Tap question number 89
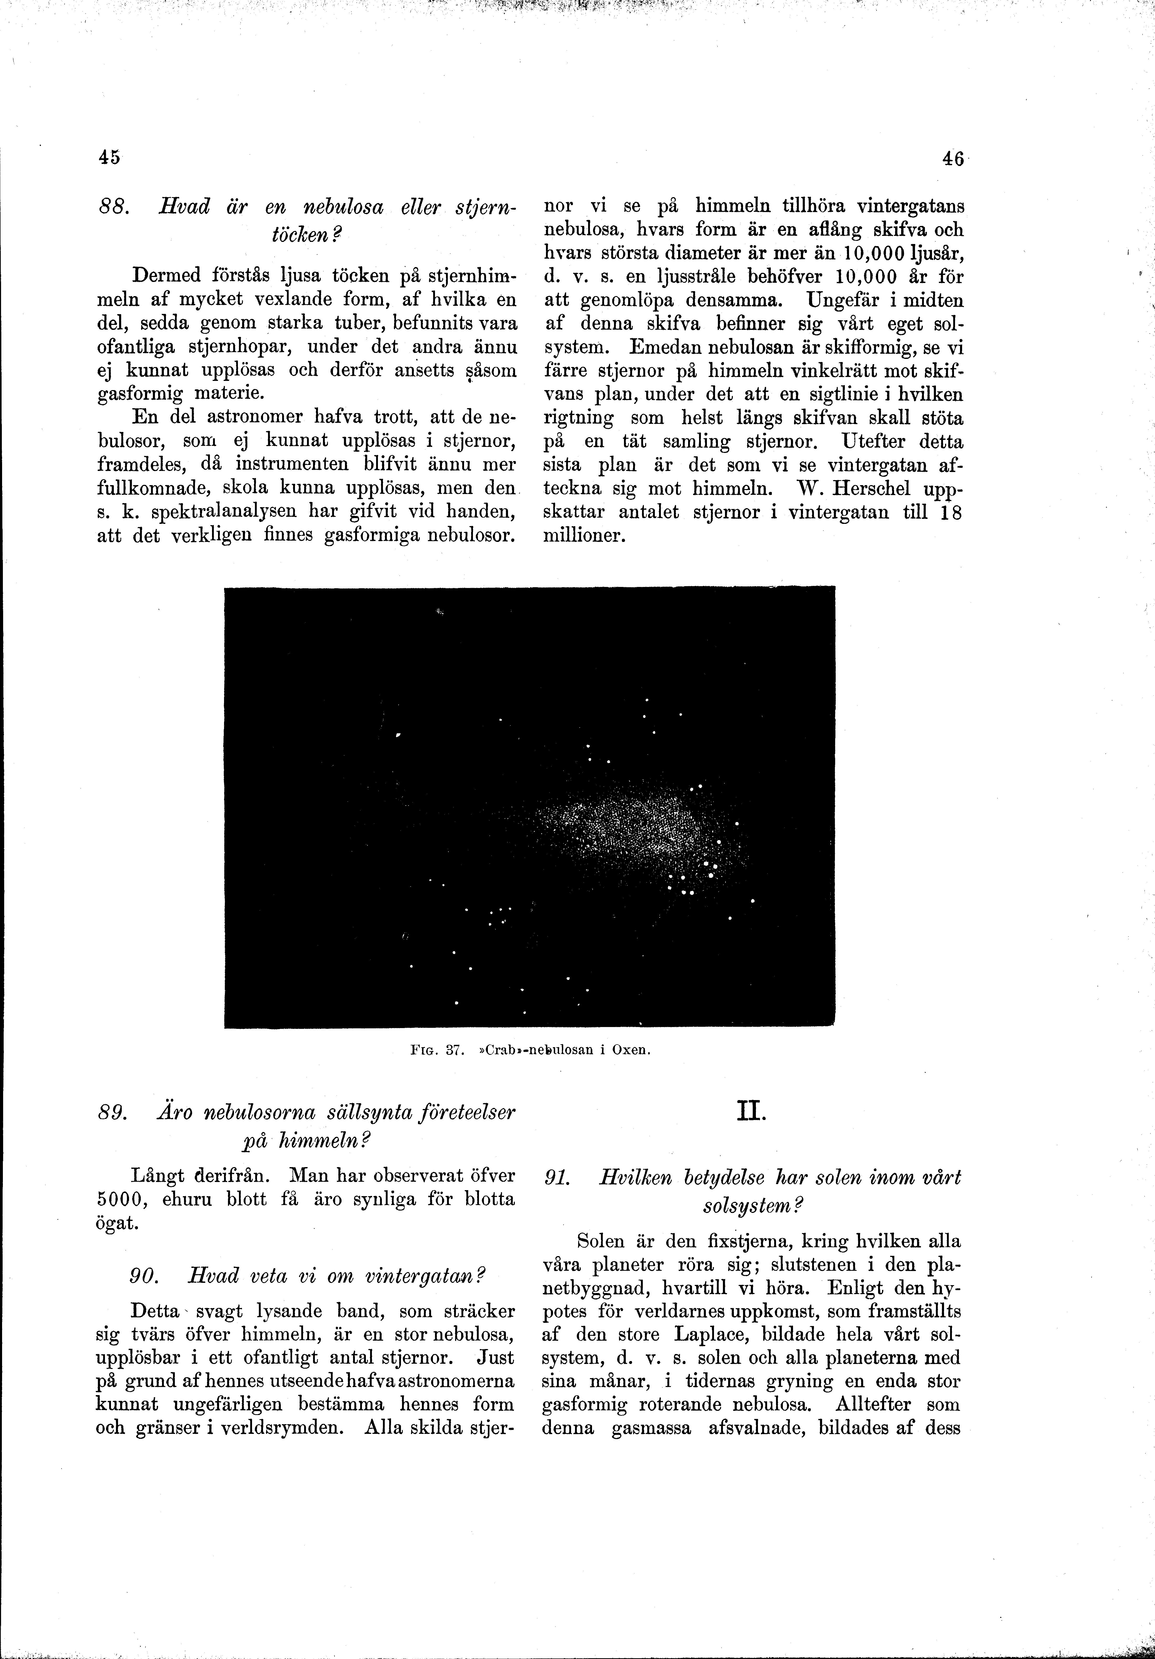110,1112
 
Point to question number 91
556,1178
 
